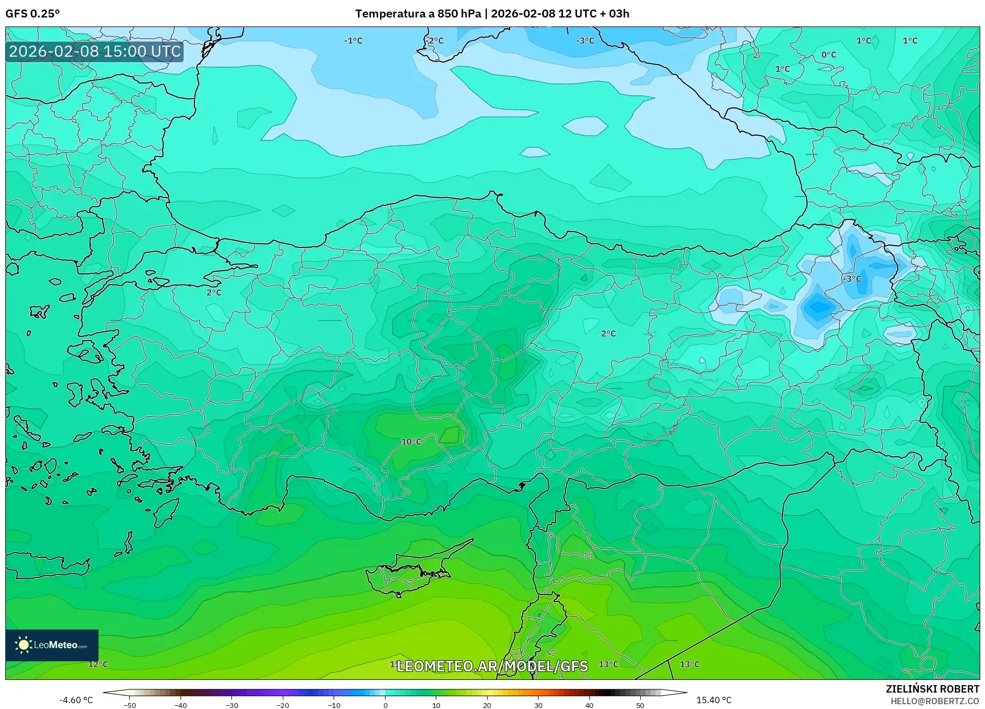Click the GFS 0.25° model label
click(x=32, y=14)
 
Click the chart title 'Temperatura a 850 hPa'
click(x=418, y=14)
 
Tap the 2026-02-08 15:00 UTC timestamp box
click(x=95, y=51)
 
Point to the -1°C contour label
click(x=353, y=41)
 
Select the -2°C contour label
click(x=435, y=41)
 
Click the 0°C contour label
click(x=829, y=55)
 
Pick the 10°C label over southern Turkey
click(x=411, y=441)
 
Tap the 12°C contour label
click(x=98, y=664)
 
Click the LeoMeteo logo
click(x=52, y=645)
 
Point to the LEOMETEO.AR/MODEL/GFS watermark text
click(x=492, y=666)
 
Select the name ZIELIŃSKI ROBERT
click(x=933, y=689)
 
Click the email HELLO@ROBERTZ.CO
click(x=935, y=701)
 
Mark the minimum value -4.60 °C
click(x=76, y=700)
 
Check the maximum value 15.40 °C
click(x=714, y=700)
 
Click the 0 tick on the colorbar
click(x=386, y=705)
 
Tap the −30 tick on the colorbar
click(x=232, y=705)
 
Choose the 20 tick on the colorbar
click(x=487, y=705)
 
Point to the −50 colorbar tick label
click(x=130, y=705)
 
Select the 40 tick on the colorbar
click(x=589, y=705)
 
